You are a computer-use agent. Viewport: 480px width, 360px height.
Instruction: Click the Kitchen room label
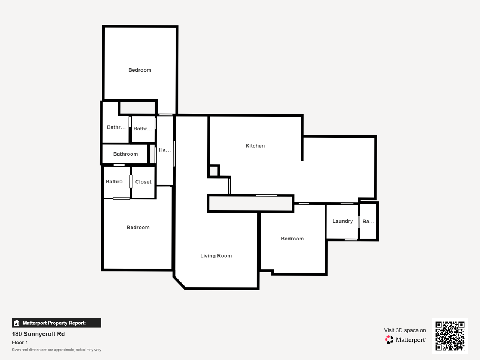coord(255,146)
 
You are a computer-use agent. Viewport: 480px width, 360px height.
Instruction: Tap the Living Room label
coord(216,255)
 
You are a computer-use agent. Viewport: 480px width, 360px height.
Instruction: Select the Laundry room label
coord(343,221)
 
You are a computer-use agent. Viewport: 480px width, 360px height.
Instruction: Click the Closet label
coord(143,182)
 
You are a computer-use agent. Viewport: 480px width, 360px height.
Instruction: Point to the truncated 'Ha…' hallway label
coord(165,150)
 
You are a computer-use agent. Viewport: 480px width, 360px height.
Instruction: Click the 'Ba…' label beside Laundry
coord(368,221)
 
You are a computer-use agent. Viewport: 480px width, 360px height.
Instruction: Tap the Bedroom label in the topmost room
coord(139,70)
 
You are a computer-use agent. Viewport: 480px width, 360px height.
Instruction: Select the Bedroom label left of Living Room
coord(138,227)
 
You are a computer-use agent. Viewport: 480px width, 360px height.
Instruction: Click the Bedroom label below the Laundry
coord(292,238)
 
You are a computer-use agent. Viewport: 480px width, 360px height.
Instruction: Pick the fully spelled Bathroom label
coord(125,154)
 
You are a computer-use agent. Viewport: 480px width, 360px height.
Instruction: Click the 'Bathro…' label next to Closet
coord(117,181)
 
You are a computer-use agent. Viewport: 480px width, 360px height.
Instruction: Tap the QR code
coord(450,336)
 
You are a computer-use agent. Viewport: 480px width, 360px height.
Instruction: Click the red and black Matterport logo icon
coord(389,339)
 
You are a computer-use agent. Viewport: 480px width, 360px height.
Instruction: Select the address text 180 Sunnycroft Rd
coord(39,334)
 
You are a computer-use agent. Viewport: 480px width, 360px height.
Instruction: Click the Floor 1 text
coord(20,342)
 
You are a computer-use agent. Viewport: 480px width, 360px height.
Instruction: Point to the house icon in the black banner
coord(17,323)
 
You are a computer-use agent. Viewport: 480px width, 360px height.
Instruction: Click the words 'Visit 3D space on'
coord(405,330)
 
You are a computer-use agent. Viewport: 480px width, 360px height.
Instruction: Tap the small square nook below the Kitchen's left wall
coord(214,171)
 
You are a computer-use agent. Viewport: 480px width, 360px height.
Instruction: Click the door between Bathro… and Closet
coord(131,181)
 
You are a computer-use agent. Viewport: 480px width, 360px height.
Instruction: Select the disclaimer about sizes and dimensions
coord(56,350)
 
